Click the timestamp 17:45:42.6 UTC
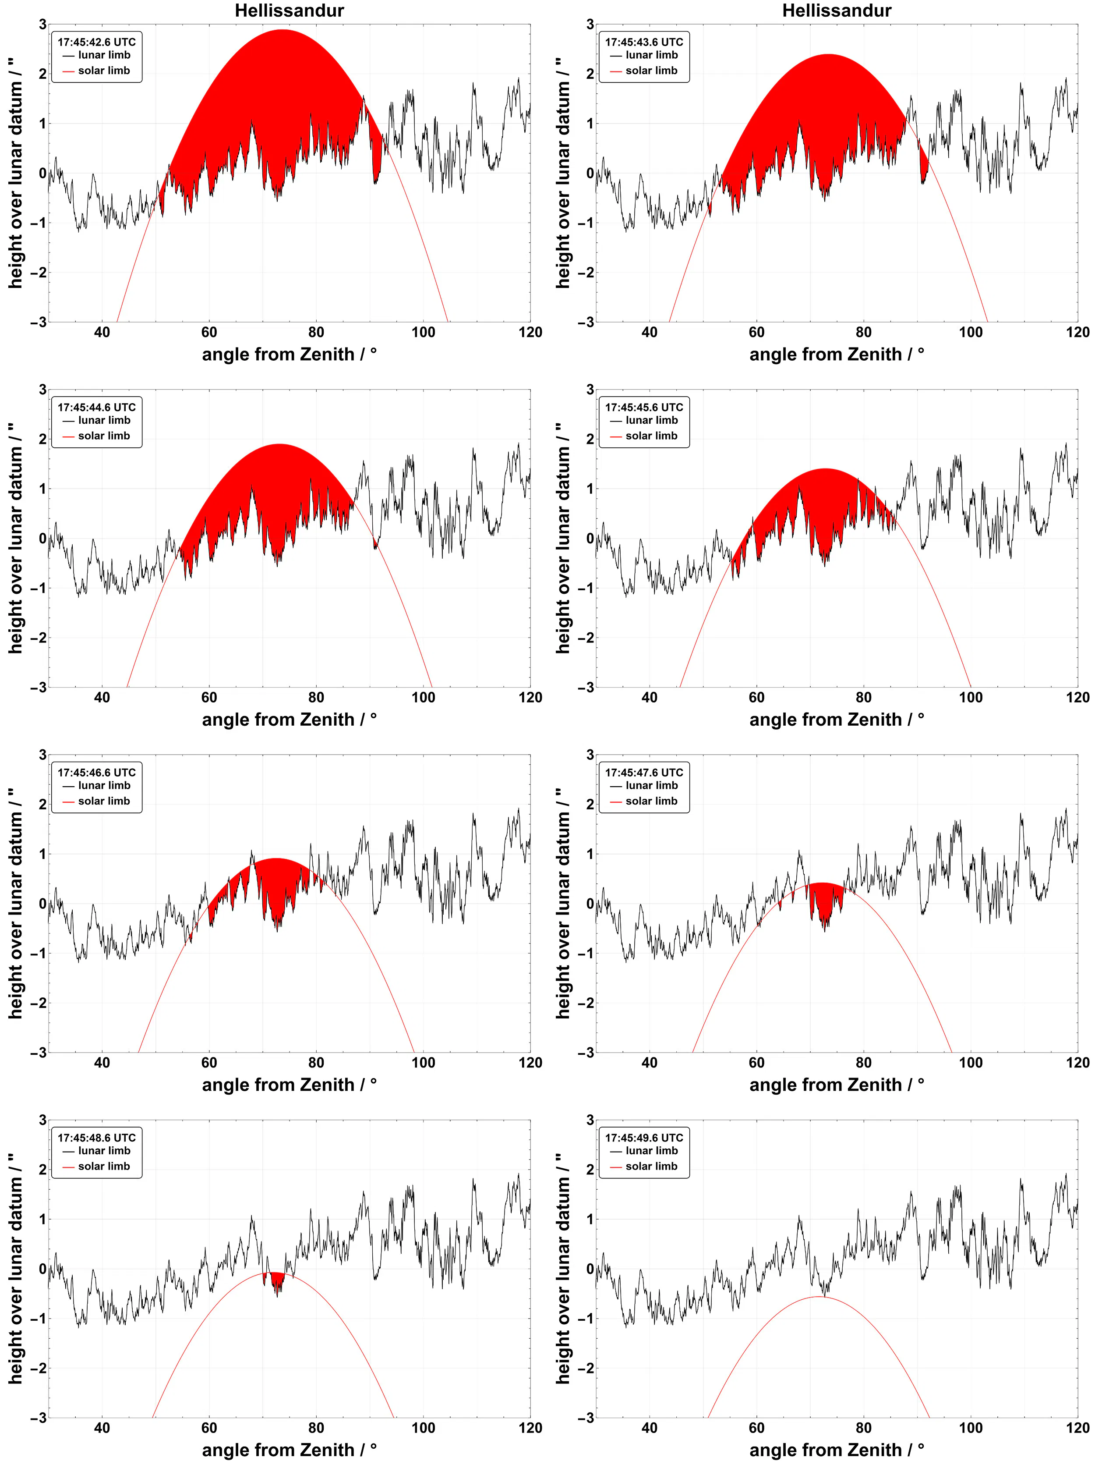pyautogui.click(x=96, y=42)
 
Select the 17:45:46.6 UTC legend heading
pyautogui.click(x=96, y=772)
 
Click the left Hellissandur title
pyautogui.click(x=289, y=11)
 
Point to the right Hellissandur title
pyautogui.click(x=836, y=11)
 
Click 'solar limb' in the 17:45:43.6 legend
pyautogui.click(x=651, y=71)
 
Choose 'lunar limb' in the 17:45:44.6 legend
pyautogui.click(x=104, y=420)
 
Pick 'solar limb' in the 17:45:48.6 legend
pyautogui.click(x=104, y=1167)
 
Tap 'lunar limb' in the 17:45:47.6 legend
pyautogui.click(x=651, y=785)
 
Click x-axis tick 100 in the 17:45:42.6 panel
pyautogui.click(x=423, y=332)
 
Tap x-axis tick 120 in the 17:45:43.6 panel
pyautogui.click(x=1077, y=332)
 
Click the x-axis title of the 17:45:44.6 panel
pyautogui.click(x=289, y=719)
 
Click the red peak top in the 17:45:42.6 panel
pyautogui.click(x=283, y=30)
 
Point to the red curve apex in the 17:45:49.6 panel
pyautogui.click(x=819, y=1297)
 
